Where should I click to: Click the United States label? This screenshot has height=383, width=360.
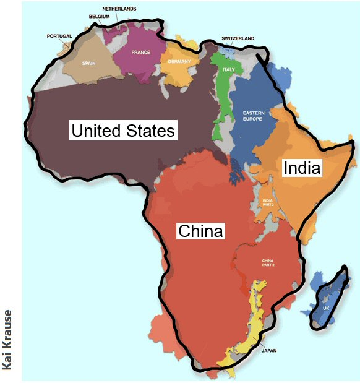click(x=124, y=131)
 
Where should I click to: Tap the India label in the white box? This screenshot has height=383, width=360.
click(x=302, y=168)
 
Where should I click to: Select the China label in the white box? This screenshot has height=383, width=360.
click(x=200, y=231)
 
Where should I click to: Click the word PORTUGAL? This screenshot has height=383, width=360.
click(x=59, y=37)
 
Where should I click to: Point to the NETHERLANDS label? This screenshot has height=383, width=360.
click(x=119, y=9)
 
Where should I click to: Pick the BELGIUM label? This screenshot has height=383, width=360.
click(x=99, y=16)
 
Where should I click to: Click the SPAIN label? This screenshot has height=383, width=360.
click(x=89, y=62)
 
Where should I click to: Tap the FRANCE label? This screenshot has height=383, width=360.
click(x=141, y=52)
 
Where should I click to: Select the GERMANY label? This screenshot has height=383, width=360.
click(x=178, y=62)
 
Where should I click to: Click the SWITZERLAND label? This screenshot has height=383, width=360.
click(x=238, y=38)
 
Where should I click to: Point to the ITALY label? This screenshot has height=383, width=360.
click(x=229, y=69)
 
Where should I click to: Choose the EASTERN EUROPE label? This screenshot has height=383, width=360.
click(x=253, y=116)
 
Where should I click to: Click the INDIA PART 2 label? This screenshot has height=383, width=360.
click(x=268, y=203)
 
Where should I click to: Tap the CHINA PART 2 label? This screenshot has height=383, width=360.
click(x=267, y=263)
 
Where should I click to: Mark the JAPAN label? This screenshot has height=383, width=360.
click(x=268, y=350)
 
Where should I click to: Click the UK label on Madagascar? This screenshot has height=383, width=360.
click(x=325, y=308)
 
